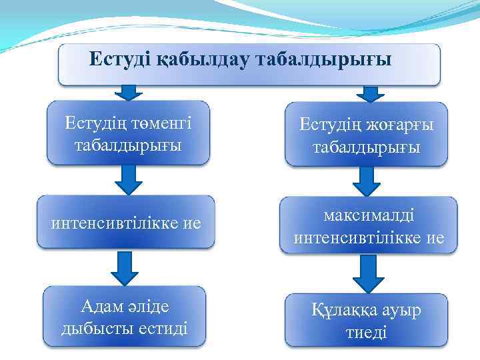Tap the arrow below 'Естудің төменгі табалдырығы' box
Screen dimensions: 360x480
129,179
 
